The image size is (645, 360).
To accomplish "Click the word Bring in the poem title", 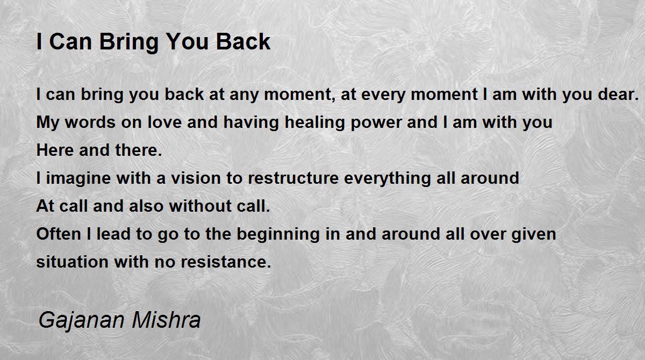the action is click(129, 42).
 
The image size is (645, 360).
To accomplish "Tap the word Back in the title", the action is click(243, 41).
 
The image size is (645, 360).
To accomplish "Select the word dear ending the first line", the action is click(618, 94).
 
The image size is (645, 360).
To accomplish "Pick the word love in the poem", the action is click(164, 122).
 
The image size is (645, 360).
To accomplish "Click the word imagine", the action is click(78, 179).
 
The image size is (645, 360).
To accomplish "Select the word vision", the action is click(196, 178).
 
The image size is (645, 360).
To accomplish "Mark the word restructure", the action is click(293, 178).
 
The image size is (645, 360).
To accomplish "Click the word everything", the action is click(388, 179).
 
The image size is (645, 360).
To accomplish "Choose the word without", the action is click(200, 206).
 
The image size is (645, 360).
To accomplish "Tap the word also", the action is click(146, 206).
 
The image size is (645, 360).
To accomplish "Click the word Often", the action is click(59, 234).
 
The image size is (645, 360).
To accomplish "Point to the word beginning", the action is click(278, 235).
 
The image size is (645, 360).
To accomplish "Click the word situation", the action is click(72, 262).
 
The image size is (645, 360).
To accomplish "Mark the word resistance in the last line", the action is click(226, 262).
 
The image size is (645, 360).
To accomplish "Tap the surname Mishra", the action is click(166, 319).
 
